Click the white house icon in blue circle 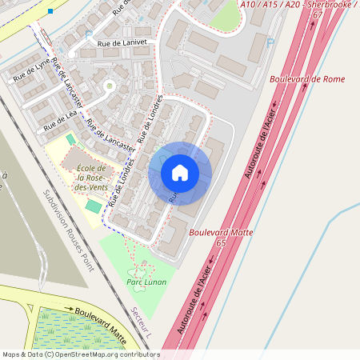pos(180,172)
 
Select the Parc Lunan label pos(146,282)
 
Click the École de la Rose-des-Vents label pos(92,177)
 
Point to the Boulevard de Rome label pos(306,79)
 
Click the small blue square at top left pos(50,11)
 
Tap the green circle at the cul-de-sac pos(109,85)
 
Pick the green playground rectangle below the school pos(94,206)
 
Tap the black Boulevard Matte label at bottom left pos(96,314)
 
